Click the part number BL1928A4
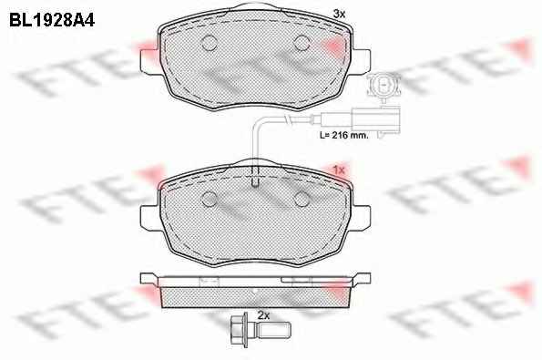(52, 20)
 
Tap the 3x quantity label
(339, 14)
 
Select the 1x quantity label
(339, 170)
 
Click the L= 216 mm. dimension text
(344, 135)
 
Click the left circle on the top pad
(209, 43)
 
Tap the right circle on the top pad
(302, 43)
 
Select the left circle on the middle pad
(209, 199)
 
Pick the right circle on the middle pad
(302, 199)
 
